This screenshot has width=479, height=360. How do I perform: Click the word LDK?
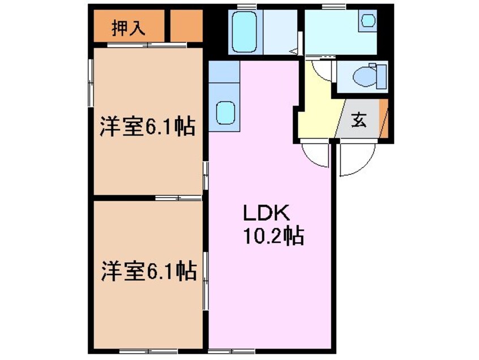[x=267, y=213]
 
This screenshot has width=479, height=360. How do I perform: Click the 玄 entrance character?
[x=358, y=121]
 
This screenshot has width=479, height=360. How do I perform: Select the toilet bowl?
[x=361, y=75]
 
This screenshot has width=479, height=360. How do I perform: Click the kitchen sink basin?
[x=225, y=112]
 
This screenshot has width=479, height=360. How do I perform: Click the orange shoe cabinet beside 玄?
[x=384, y=118]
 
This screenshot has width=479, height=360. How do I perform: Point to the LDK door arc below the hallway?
[x=315, y=156]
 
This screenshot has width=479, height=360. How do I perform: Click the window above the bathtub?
[x=245, y=7]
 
